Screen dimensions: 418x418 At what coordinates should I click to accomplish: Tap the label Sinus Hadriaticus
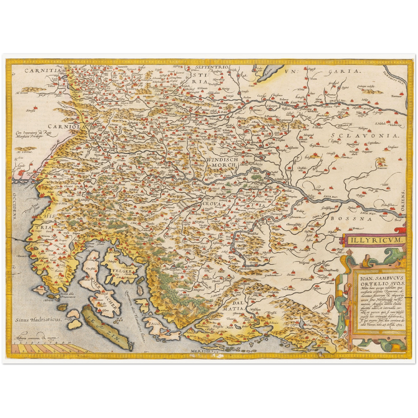(38, 320)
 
